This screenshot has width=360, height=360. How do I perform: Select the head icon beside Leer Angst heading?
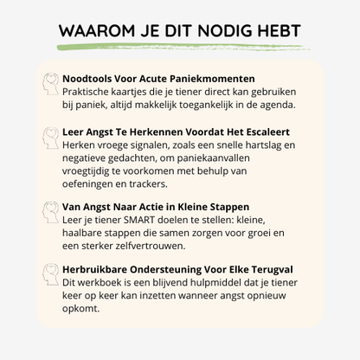coord(50,138)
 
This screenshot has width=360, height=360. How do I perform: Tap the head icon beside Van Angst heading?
coord(50,210)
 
